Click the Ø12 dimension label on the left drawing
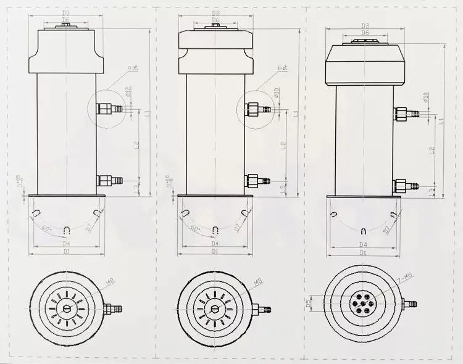pyautogui.click(x=128, y=93)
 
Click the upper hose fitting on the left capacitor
pyautogui.click(x=110, y=109)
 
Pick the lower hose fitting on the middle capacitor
pyautogui.click(x=257, y=181)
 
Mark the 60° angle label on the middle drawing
pyautogui.click(x=195, y=229)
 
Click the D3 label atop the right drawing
pyautogui.click(x=365, y=26)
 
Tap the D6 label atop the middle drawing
pyautogui.click(x=215, y=20)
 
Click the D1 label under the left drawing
pyautogui.click(x=67, y=252)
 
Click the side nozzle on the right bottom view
pyautogui.click(x=408, y=304)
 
